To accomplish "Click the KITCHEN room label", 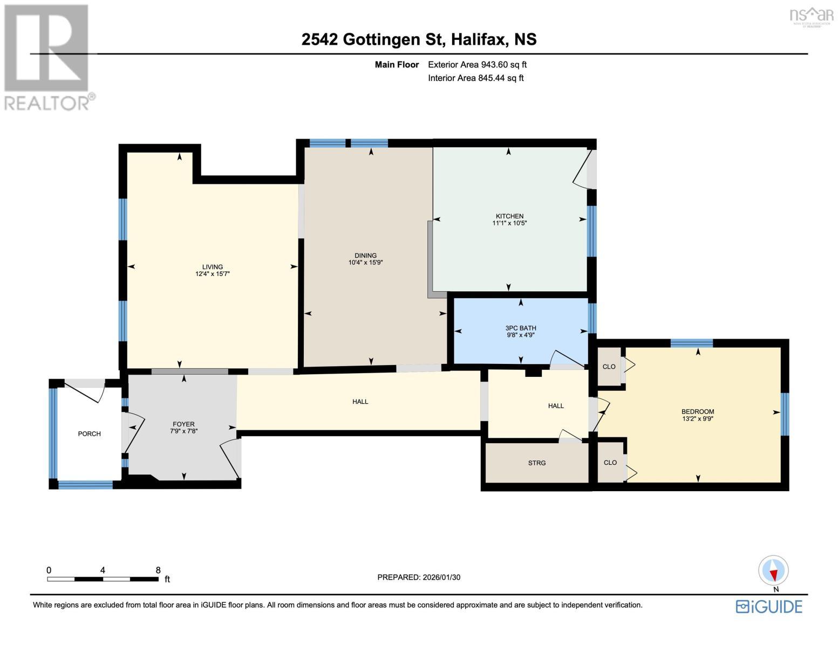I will click(x=509, y=216).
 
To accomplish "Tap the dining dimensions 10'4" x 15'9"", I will click(x=365, y=263).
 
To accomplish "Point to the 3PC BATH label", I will click(x=520, y=328).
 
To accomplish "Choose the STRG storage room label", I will click(x=536, y=463).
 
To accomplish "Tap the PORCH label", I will click(x=89, y=433).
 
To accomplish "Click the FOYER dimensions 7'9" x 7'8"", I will click(x=183, y=431).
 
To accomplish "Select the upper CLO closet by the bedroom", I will click(x=609, y=367).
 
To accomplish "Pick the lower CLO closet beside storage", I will click(x=610, y=462).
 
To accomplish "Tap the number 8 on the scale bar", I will click(x=158, y=570).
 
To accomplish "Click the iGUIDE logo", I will click(x=769, y=606).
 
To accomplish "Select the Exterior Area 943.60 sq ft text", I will click(x=477, y=65).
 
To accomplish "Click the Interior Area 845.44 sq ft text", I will click(x=475, y=78).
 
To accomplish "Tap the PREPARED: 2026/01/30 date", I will click(x=419, y=577).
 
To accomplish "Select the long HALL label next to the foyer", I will click(x=360, y=401).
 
